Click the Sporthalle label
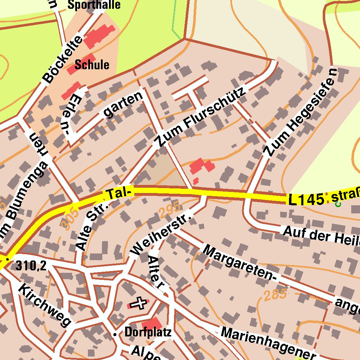[94, 5]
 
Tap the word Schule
[92, 65]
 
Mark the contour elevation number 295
[169, 210]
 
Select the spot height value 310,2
[31, 266]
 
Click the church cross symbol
[139, 303]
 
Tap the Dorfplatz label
[148, 332]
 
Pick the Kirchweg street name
[45, 305]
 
